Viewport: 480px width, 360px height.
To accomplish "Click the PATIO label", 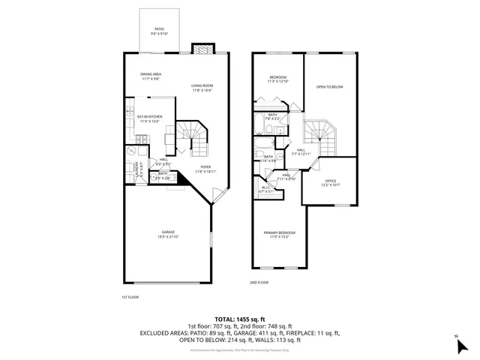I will click(160, 30).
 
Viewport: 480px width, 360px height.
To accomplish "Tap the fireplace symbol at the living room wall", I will click(203, 49).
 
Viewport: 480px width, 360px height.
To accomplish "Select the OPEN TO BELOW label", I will click(329, 87).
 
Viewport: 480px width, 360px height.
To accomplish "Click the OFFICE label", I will click(331, 182).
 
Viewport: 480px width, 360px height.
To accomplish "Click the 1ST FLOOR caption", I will click(130, 298).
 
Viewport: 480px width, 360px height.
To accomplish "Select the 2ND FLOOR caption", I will click(259, 283).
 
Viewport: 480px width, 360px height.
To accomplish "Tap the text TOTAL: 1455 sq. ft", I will click(239, 319).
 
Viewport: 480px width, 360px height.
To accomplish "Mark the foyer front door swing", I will click(218, 196).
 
